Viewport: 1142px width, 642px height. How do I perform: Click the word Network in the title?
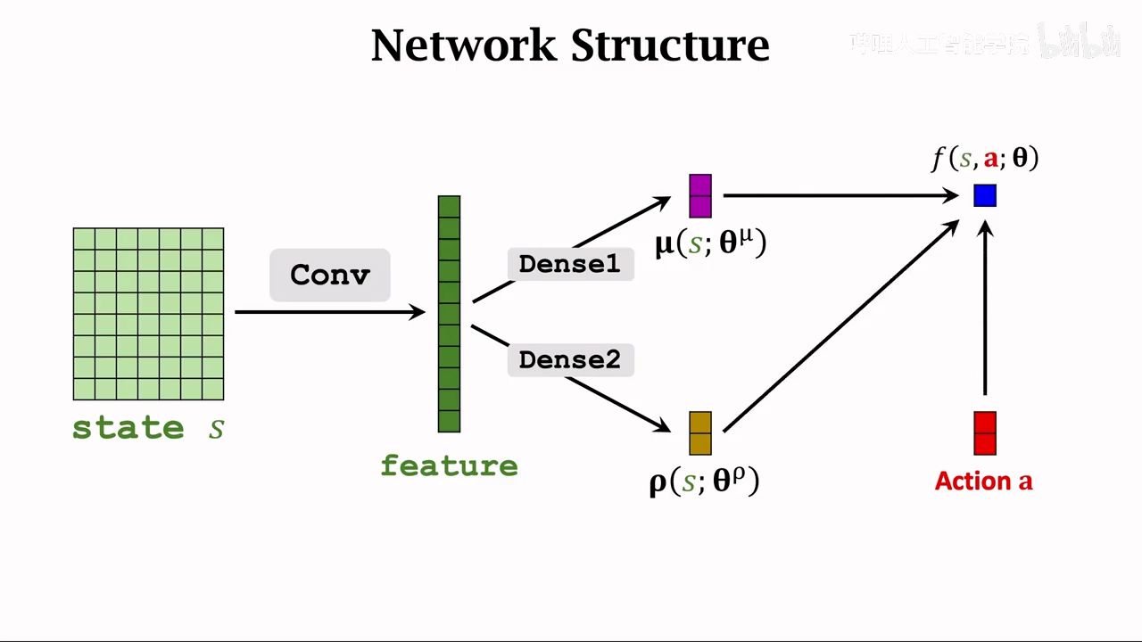tap(463, 45)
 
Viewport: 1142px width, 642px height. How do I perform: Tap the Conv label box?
tap(330, 275)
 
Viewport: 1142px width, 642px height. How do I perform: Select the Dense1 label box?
tap(569, 264)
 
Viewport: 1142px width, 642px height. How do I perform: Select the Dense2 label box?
tap(569, 359)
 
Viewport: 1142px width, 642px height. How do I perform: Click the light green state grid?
tap(148, 314)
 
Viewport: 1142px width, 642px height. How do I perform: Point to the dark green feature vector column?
tap(449, 314)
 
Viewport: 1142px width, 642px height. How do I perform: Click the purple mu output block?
tap(700, 196)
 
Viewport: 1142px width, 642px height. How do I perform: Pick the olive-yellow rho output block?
tap(700, 433)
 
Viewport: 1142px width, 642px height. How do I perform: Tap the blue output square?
tap(985, 195)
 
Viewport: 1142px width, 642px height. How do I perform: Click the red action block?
tap(985, 433)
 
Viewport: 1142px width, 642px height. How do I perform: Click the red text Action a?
tap(983, 481)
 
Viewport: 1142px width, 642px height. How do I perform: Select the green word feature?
tap(449, 465)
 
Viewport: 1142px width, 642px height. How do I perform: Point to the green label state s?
tap(148, 428)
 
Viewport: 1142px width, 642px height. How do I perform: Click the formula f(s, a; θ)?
tap(985, 159)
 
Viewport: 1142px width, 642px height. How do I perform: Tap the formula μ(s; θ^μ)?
tap(711, 243)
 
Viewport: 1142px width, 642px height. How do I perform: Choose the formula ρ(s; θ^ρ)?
tap(704, 481)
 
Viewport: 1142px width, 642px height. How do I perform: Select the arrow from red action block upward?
tap(985, 312)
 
